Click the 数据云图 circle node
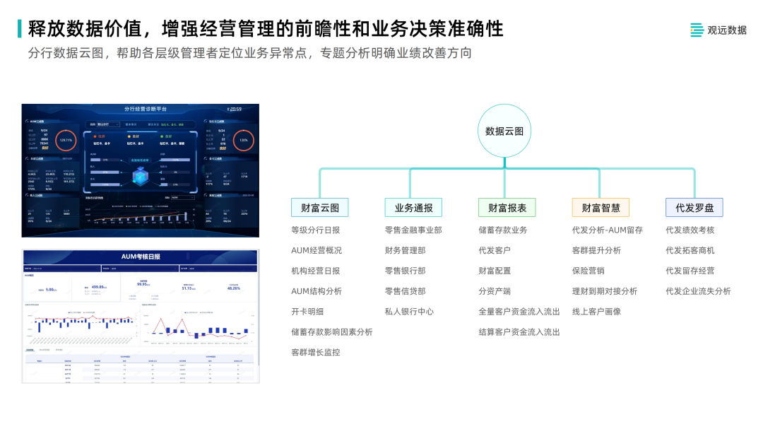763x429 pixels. click(x=504, y=131)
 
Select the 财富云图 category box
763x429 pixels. click(x=319, y=207)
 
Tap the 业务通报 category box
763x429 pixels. click(x=413, y=207)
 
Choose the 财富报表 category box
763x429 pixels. click(x=507, y=207)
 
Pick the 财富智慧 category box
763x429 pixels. click(x=601, y=207)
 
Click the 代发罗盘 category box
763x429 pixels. click(x=694, y=207)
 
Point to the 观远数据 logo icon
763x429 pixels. click(x=697, y=30)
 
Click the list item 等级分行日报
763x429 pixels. click(x=315, y=230)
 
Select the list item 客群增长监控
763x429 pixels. click(x=315, y=352)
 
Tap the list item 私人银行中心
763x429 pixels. click(x=409, y=311)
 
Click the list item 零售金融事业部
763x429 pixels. click(x=413, y=230)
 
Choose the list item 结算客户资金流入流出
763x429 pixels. click(x=519, y=331)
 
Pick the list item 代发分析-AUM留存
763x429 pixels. click(x=607, y=230)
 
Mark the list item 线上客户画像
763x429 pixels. click(x=596, y=311)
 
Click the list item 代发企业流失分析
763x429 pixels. click(x=698, y=291)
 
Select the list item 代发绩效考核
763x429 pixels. click(x=690, y=230)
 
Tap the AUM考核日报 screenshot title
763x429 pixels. click(x=141, y=256)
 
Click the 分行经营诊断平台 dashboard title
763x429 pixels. click(x=146, y=109)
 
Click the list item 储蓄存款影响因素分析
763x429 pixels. click(x=331, y=331)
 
